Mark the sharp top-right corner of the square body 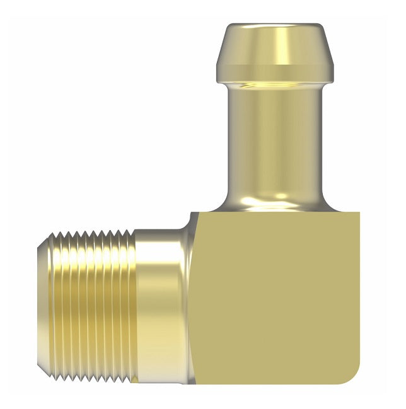pos(358,212)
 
